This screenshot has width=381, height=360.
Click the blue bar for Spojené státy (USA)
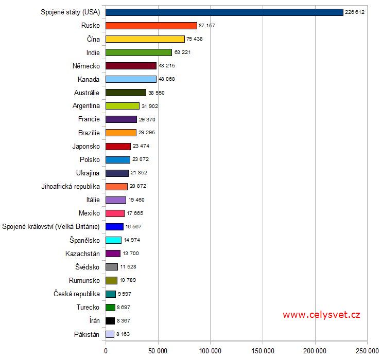tap(224, 12)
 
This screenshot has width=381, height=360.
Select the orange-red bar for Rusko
tap(151, 25)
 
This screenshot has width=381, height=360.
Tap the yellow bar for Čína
tap(145, 39)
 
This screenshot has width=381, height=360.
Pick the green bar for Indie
tap(138, 52)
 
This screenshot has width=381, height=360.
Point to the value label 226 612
tap(355, 12)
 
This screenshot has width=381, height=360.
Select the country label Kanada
tap(89, 79)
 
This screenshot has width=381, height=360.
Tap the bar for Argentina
tap(123, 106)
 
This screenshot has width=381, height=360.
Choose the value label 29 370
tap(147, 119)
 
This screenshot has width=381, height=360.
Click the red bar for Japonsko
tap(118, 146)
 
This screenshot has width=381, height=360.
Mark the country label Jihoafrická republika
tap(71, 186)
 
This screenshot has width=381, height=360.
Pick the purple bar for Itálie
tap(116, 200)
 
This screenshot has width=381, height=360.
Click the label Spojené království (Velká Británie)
tap(51, 226)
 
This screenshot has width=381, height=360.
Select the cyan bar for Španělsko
tap(113, 240)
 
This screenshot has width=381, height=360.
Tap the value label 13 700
tap(131, 254)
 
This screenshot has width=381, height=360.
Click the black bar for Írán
tap(110, 320)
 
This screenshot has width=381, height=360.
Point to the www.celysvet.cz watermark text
tap(321, 315)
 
